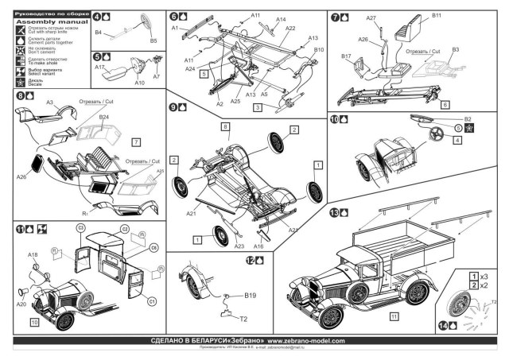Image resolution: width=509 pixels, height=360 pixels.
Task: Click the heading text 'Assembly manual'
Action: [x=39, y=21]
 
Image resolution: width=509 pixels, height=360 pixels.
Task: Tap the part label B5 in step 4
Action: [x=153, y=40]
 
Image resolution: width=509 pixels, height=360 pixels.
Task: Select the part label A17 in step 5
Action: [x=99, y=69]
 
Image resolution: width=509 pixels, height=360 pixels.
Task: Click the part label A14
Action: [x=281, y=19]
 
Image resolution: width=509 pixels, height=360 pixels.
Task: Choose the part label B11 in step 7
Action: [x=437, y=16]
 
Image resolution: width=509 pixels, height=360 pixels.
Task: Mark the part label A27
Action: [x=371, y=18]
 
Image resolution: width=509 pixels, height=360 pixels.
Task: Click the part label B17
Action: [x=347, y=56]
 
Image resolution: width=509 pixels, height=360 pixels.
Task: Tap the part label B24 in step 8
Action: [x=104, y=117]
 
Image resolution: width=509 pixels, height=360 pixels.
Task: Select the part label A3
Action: [x=49, y=103]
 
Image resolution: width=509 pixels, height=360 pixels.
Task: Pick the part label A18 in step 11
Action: [x=33, y=254]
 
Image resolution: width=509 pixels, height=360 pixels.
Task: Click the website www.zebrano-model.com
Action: [x=300, y=341]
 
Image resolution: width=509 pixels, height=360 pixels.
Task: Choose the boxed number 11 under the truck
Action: [x=394, y=315]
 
